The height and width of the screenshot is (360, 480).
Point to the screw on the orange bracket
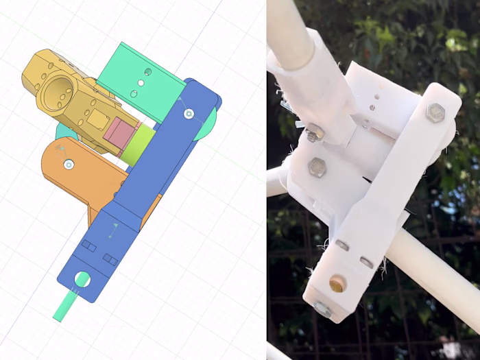tap(69, 164)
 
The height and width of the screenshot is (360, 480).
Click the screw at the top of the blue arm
tap(189, 113)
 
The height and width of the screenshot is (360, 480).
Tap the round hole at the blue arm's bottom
tap(82, 280)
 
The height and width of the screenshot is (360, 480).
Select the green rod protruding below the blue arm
tap(66, 306)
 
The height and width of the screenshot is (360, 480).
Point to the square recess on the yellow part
tap(96, 121)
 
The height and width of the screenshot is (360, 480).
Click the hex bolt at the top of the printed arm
tap(435, 113)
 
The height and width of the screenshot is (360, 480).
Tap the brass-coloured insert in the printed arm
tap(337, 283)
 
